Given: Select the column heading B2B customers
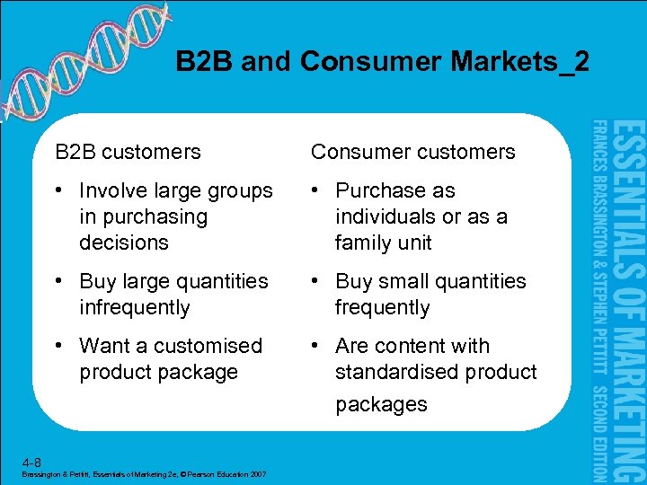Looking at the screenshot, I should [128, 152].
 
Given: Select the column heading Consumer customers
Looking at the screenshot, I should [412, 152].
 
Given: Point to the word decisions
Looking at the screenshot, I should [124, 242].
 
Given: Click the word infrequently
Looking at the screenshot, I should [135, 307].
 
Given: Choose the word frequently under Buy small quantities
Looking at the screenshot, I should [382, 307].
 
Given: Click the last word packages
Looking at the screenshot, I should [381, 404].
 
